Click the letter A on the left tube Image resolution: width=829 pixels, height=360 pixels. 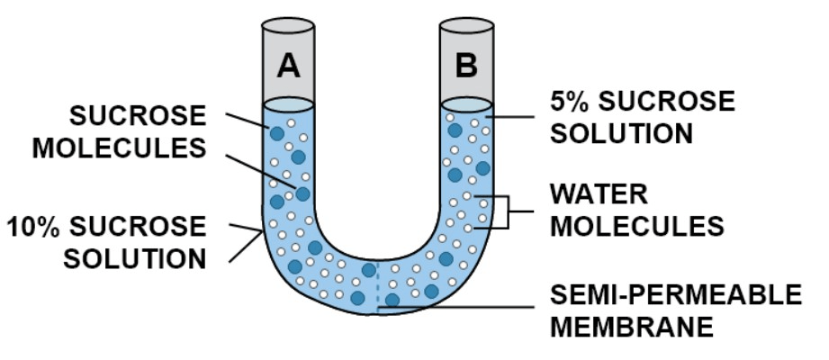pos(288,65)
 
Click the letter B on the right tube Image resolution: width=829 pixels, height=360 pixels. pos(465,65)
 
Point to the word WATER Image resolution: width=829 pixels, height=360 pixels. pos(599,194)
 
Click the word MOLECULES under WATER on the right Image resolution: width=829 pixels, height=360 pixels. pos(636,226)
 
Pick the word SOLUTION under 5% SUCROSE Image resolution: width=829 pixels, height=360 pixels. pos(622,133)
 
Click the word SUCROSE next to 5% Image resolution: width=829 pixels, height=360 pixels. pos(671,102)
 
